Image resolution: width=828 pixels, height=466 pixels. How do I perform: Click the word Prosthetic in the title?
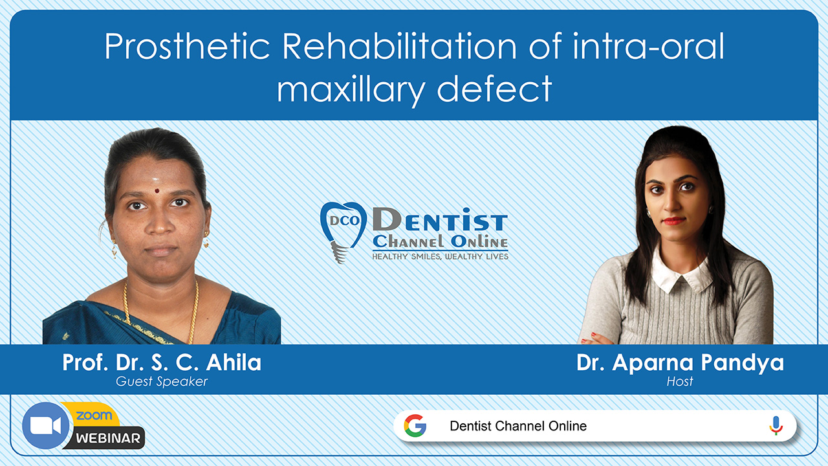(187, 46)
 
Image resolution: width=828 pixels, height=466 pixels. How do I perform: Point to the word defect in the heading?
(495, 88)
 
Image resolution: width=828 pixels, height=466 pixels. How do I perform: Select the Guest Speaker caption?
(162, 381)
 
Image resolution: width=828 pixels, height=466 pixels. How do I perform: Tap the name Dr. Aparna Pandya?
(680, 363)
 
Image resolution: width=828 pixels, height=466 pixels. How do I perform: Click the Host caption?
(680, 381)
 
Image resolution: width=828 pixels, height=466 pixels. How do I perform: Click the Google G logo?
(415, 426)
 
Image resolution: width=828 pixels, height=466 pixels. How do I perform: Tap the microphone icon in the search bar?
(776, 426)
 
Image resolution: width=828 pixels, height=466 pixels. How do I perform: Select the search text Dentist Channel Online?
(518, 426)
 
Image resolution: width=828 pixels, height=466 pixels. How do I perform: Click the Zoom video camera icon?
(45, 426)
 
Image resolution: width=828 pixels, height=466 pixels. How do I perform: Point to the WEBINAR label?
(108, 438)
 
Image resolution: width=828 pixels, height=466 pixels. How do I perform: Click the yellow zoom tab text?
(94, 416)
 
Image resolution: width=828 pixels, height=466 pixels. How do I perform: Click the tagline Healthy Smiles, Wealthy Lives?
(441, 256)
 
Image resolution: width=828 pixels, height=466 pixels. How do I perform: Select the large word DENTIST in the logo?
(440, 219)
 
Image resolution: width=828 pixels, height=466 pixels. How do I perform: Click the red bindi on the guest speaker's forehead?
(157, 191)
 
